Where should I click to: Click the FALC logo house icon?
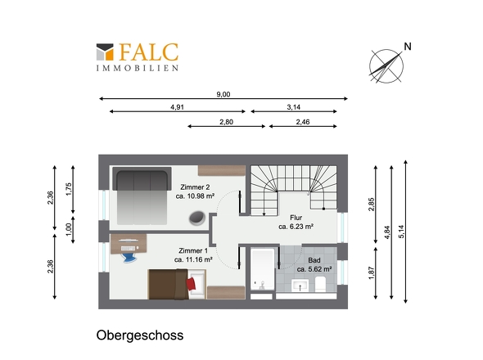click(x=106, y=52)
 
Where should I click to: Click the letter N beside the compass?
click(x=407, y=47)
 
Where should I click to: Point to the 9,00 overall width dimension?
click(x=223, y=94)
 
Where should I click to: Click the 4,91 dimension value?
click(x=177, y=107)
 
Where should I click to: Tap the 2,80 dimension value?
click(x=226, y=122)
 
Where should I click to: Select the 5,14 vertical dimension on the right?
click(x=401, y=231)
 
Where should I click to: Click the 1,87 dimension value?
click(x=372, y=273)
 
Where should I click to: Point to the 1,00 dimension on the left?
click(x=69, y=229)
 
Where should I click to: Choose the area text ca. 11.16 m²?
click(x=194, y=259)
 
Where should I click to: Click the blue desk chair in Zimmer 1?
click(x=128, y=254)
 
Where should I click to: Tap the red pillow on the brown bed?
click(x=192, y=283)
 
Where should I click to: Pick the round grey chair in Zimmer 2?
click(x=197, y=218)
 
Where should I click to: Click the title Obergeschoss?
click(x=139, y=335)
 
